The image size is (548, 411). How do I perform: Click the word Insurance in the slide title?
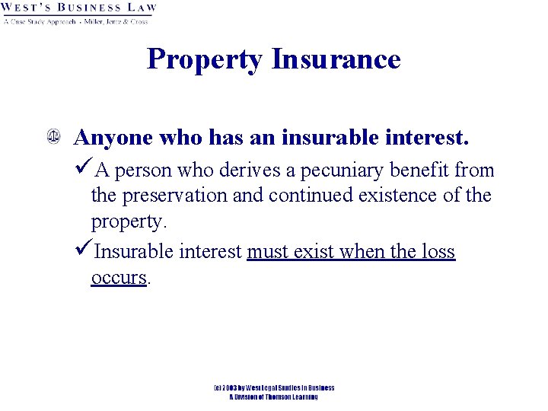(336, 59)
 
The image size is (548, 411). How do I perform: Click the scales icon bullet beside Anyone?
(54, 139)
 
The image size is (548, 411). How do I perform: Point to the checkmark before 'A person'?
(84, 169)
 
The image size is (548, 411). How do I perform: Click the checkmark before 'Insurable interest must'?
(84, 251)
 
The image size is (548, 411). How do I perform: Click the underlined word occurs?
(119, 278)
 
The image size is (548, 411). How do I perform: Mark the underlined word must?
(270, 252)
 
